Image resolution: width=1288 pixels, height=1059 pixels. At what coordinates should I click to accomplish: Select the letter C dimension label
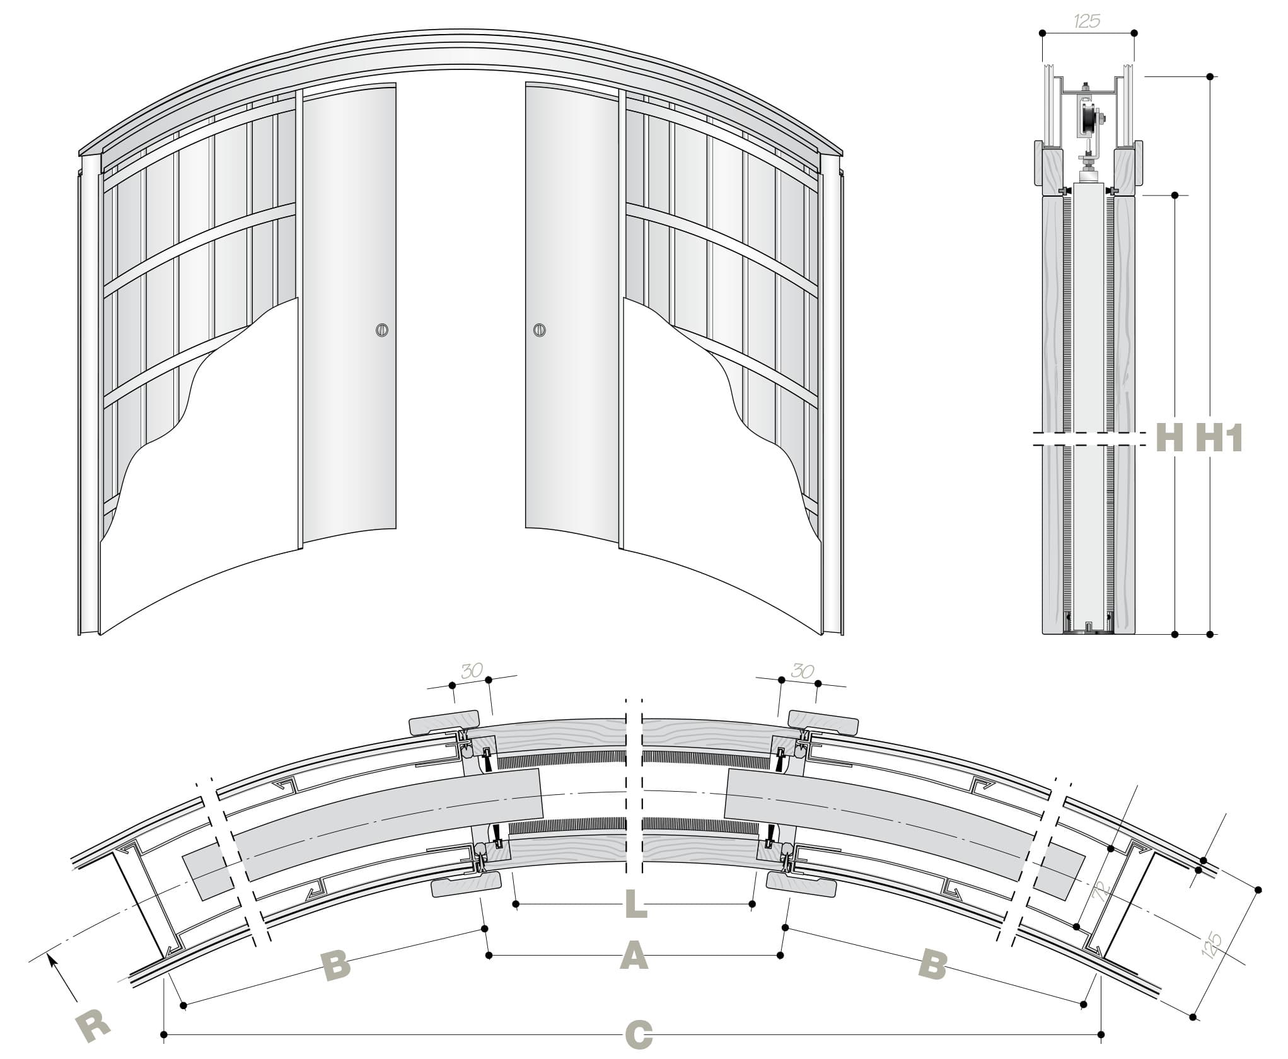coord(638,1035)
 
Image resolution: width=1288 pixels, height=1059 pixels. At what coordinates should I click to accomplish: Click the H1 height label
coord(1219,436)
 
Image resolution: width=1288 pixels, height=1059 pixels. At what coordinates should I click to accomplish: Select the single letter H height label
coord(1170,436)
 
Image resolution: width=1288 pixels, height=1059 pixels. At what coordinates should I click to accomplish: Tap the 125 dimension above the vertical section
coord(1087,21)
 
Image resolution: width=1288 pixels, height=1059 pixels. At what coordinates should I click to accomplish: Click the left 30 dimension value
coord(472,671)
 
